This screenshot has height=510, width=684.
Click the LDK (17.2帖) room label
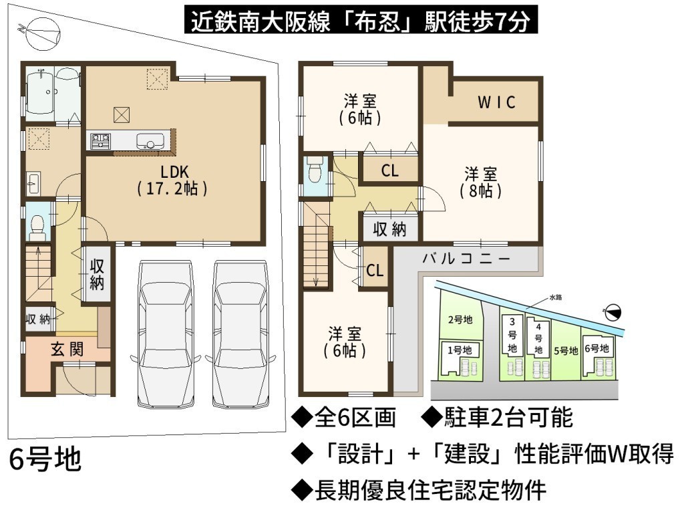tap(173, 180)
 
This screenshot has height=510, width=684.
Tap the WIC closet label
tap(497, 102)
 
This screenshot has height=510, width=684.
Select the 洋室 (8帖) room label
tap(481, 182)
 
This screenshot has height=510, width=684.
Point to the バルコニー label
tap(466, 259)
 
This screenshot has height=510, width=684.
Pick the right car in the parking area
tap(240, 333)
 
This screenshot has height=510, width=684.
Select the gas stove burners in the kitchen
tap(100, 141)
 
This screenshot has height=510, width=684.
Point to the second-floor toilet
tap(314, 170)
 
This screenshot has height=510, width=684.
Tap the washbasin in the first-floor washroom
tap(33, 184)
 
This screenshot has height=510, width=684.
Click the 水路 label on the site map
tap(555, 297)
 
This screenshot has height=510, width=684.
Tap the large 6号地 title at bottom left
tap(45, 459)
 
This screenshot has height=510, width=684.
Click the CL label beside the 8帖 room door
tap(390, 170)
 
